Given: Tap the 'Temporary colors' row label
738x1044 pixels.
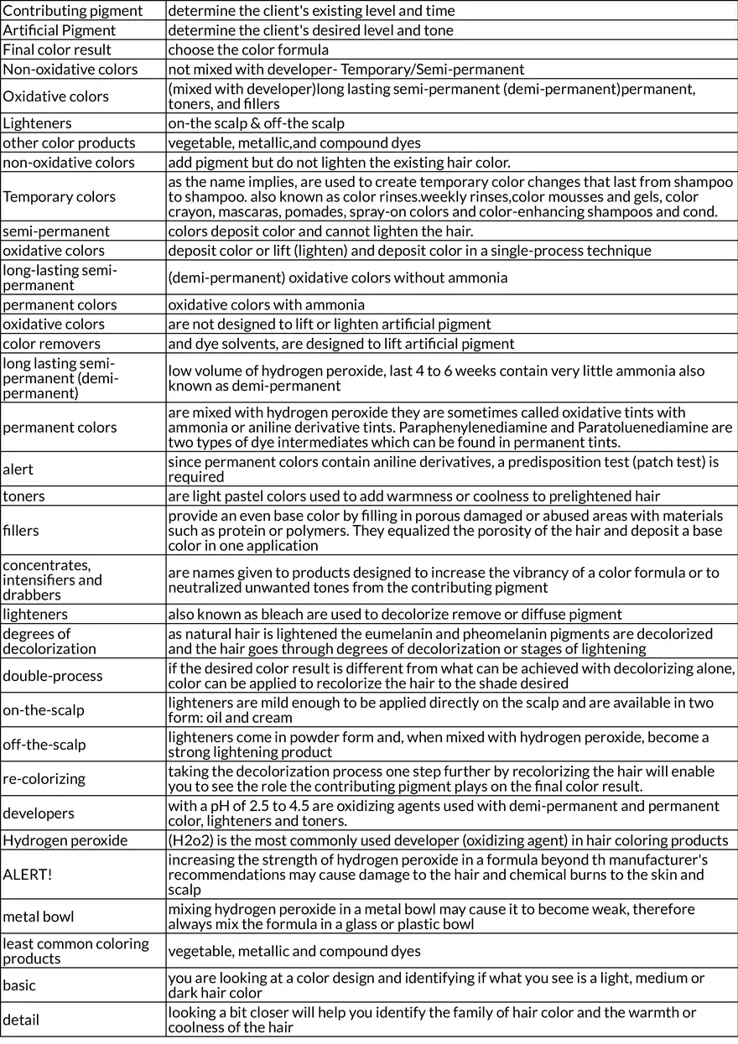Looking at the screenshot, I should tap(59, 196).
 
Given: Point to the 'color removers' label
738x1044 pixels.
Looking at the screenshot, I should tap(51, 343).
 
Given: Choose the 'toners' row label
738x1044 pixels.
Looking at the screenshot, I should tap(23, 496).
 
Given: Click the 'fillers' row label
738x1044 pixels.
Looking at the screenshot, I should tap(21, 530).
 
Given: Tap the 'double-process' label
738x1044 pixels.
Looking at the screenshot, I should tap(53, 676).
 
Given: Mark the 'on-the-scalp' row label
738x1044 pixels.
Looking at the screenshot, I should tap(44, 710).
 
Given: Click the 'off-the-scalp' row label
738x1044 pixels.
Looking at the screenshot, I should tap(44, 745).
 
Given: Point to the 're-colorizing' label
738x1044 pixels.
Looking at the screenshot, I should tap(44, 778).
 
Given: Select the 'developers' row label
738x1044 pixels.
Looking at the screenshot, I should tap(38, 813).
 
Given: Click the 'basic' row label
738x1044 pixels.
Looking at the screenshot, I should tap(19, 984).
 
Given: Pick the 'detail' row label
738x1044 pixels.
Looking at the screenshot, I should tap(21, 1020).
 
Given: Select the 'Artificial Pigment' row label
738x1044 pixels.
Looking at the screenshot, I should tap(60, 30).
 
